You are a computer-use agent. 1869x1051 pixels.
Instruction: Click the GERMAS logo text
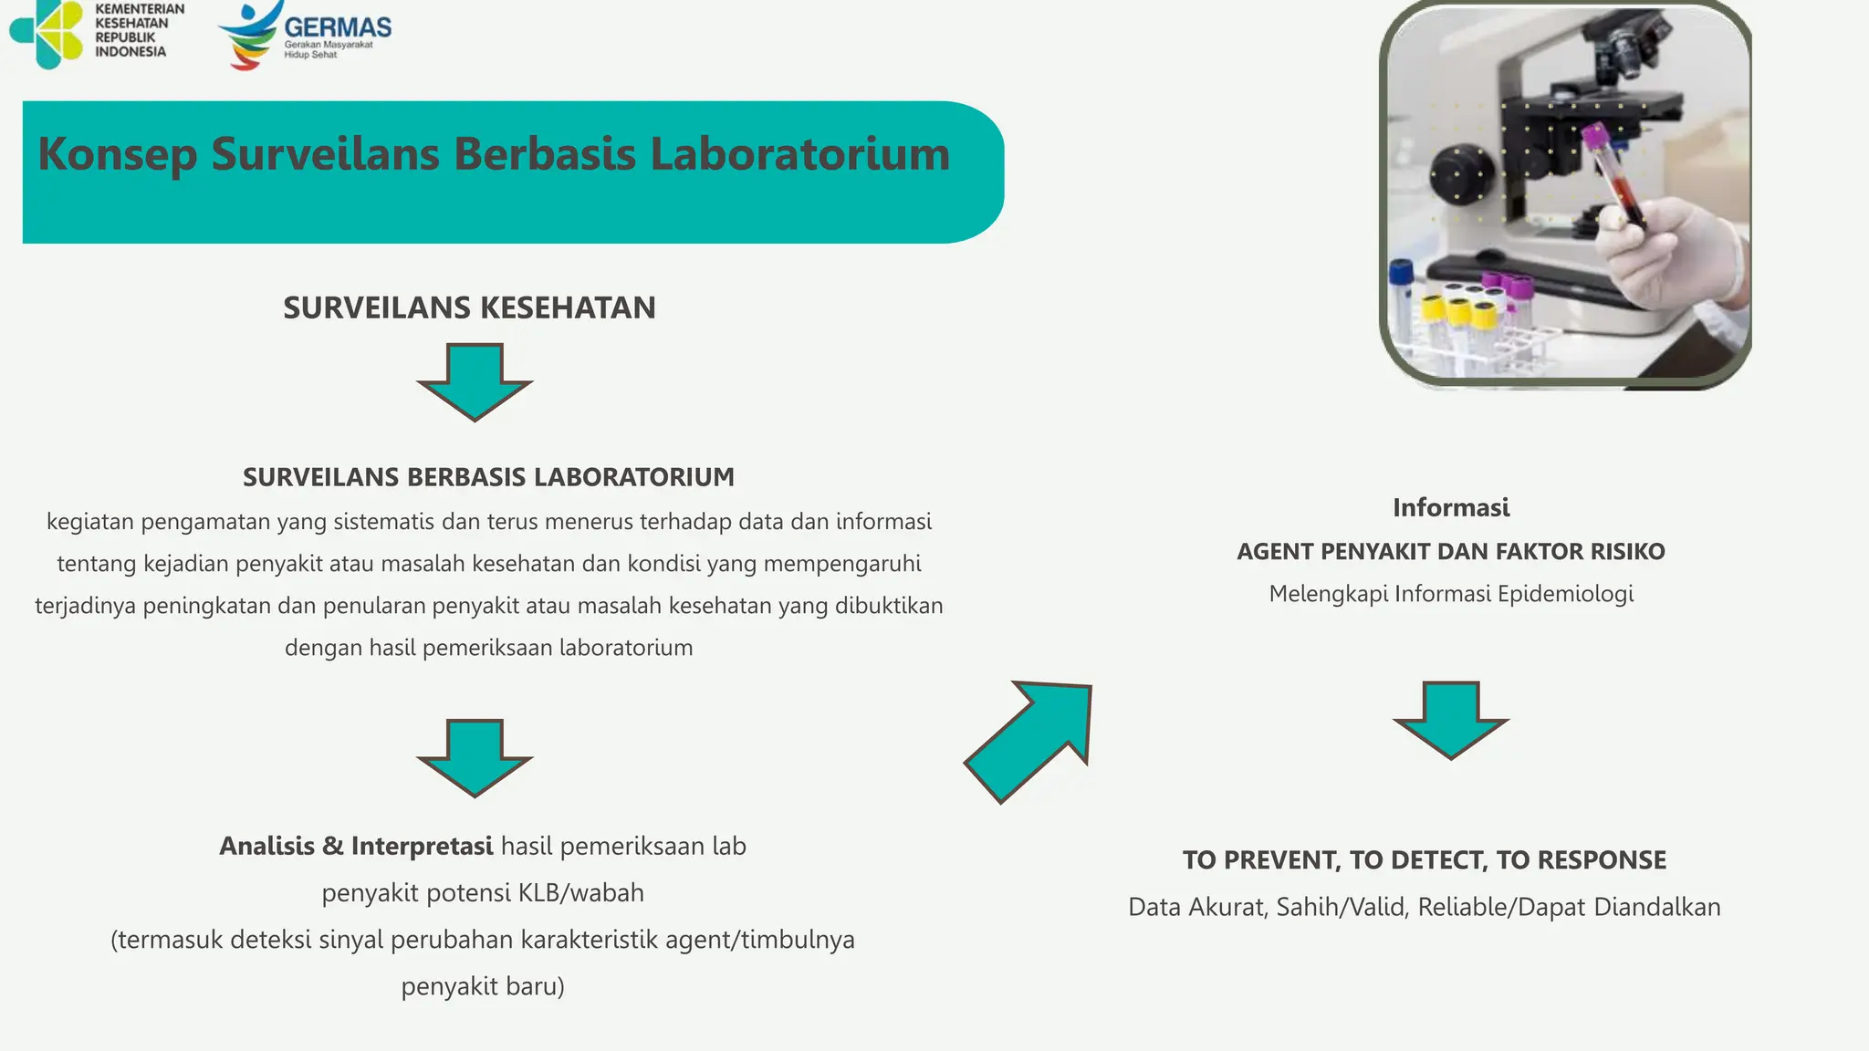(338, 27)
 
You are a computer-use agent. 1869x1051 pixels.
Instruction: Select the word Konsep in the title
(117, 153)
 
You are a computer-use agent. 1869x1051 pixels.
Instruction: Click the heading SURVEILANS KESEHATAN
(469, 308)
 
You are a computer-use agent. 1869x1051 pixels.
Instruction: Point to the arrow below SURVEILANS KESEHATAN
(475, 381)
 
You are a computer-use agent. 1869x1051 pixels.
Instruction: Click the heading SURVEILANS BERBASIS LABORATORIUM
(488, 477)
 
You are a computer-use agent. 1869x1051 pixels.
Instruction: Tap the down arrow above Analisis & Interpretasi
(475, 757)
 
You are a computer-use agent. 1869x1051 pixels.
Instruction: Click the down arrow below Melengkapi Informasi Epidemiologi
(1450, 719)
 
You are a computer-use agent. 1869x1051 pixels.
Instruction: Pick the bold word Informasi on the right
(1451, 508)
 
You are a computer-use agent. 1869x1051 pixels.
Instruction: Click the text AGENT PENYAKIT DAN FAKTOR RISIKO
(1451, 552)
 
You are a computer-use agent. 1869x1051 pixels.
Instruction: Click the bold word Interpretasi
(422, 847)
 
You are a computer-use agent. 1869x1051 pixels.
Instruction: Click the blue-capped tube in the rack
(1400, 274)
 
